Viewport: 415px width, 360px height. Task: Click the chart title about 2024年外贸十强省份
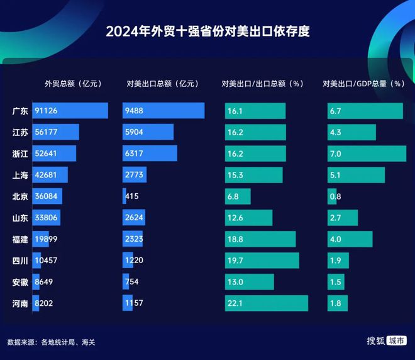[207, 31]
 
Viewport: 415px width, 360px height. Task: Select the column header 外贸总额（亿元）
[74, 84]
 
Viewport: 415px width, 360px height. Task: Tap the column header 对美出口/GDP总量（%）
[364, 84]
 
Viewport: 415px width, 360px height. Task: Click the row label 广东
[20, 111]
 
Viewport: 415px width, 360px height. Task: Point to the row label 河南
[20, 303]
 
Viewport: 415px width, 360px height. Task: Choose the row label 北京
[20, 196]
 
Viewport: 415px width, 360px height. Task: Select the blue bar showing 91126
[70, 111]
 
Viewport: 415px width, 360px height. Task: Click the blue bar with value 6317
[150, 153]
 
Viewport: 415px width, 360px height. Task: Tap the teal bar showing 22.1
[267, 303]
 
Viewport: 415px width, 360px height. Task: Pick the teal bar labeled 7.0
[367, 154]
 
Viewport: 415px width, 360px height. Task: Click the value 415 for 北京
[132, 196]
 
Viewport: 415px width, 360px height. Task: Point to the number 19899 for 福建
[46, 239]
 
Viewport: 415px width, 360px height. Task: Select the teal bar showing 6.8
[238, 196]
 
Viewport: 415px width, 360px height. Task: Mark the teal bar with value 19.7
[262, 261]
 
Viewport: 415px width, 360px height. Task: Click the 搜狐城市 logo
[387, 340]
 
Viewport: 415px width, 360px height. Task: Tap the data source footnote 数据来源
[51, 342]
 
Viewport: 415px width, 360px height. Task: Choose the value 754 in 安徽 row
[132, 281]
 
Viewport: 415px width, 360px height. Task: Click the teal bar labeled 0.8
[332, 196]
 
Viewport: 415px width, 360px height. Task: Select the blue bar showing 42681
[50, 174]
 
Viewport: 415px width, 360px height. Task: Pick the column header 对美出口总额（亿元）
[162, 84]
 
